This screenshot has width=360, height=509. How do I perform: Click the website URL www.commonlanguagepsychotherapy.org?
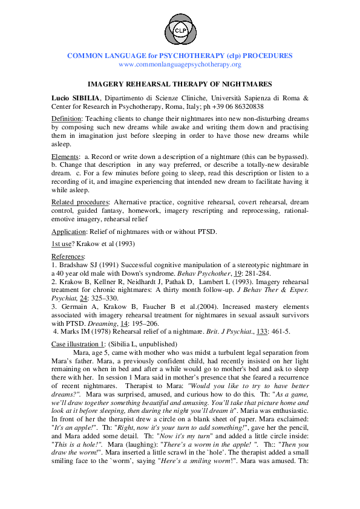180,64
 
